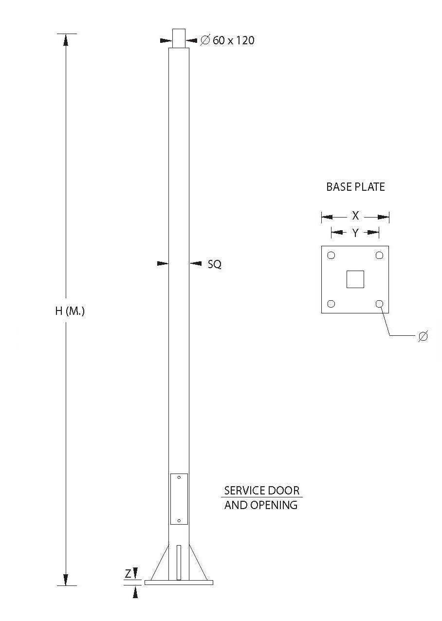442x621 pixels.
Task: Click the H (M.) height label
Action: click(x=70, y=311)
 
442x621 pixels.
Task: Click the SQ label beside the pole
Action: click(x=214, y=264)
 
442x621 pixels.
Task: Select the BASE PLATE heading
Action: click(x=355, y=187)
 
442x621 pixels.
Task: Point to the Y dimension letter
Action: click(x=355, y=233)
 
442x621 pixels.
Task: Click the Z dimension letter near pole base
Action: click(x=128, y=574)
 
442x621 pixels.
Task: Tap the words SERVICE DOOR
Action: click(x=262, y=490)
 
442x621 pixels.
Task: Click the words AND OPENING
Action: click(x=261, y=505)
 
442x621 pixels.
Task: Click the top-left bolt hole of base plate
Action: click(x=331, y=256)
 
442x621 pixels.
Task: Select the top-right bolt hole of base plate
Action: click(x=379, y=256)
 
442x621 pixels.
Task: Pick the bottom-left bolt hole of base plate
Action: click(x=331, y=304)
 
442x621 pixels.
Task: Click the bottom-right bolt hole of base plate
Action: click(x=379, y=304)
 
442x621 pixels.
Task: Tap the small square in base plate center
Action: click(x=355, y=279)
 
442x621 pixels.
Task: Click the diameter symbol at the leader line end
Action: click(x=423, y=336)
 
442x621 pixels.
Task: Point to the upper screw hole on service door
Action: click(x=179, y=477)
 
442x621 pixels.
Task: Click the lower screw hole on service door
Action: click(x=179, y=521)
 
